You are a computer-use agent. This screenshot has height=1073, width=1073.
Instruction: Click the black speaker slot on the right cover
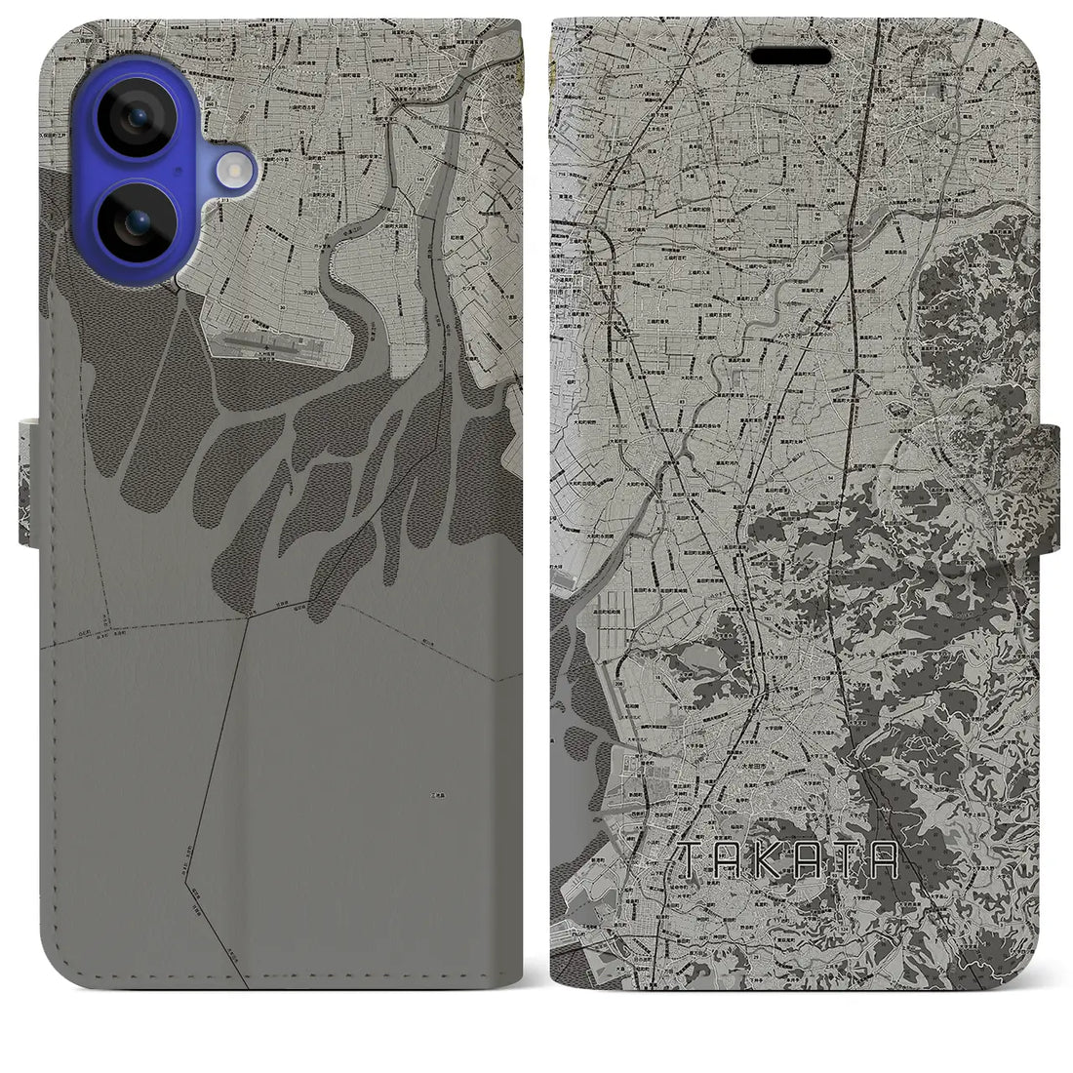coord(791,57)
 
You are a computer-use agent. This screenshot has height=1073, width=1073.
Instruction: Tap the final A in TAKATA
coord(882,858)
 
